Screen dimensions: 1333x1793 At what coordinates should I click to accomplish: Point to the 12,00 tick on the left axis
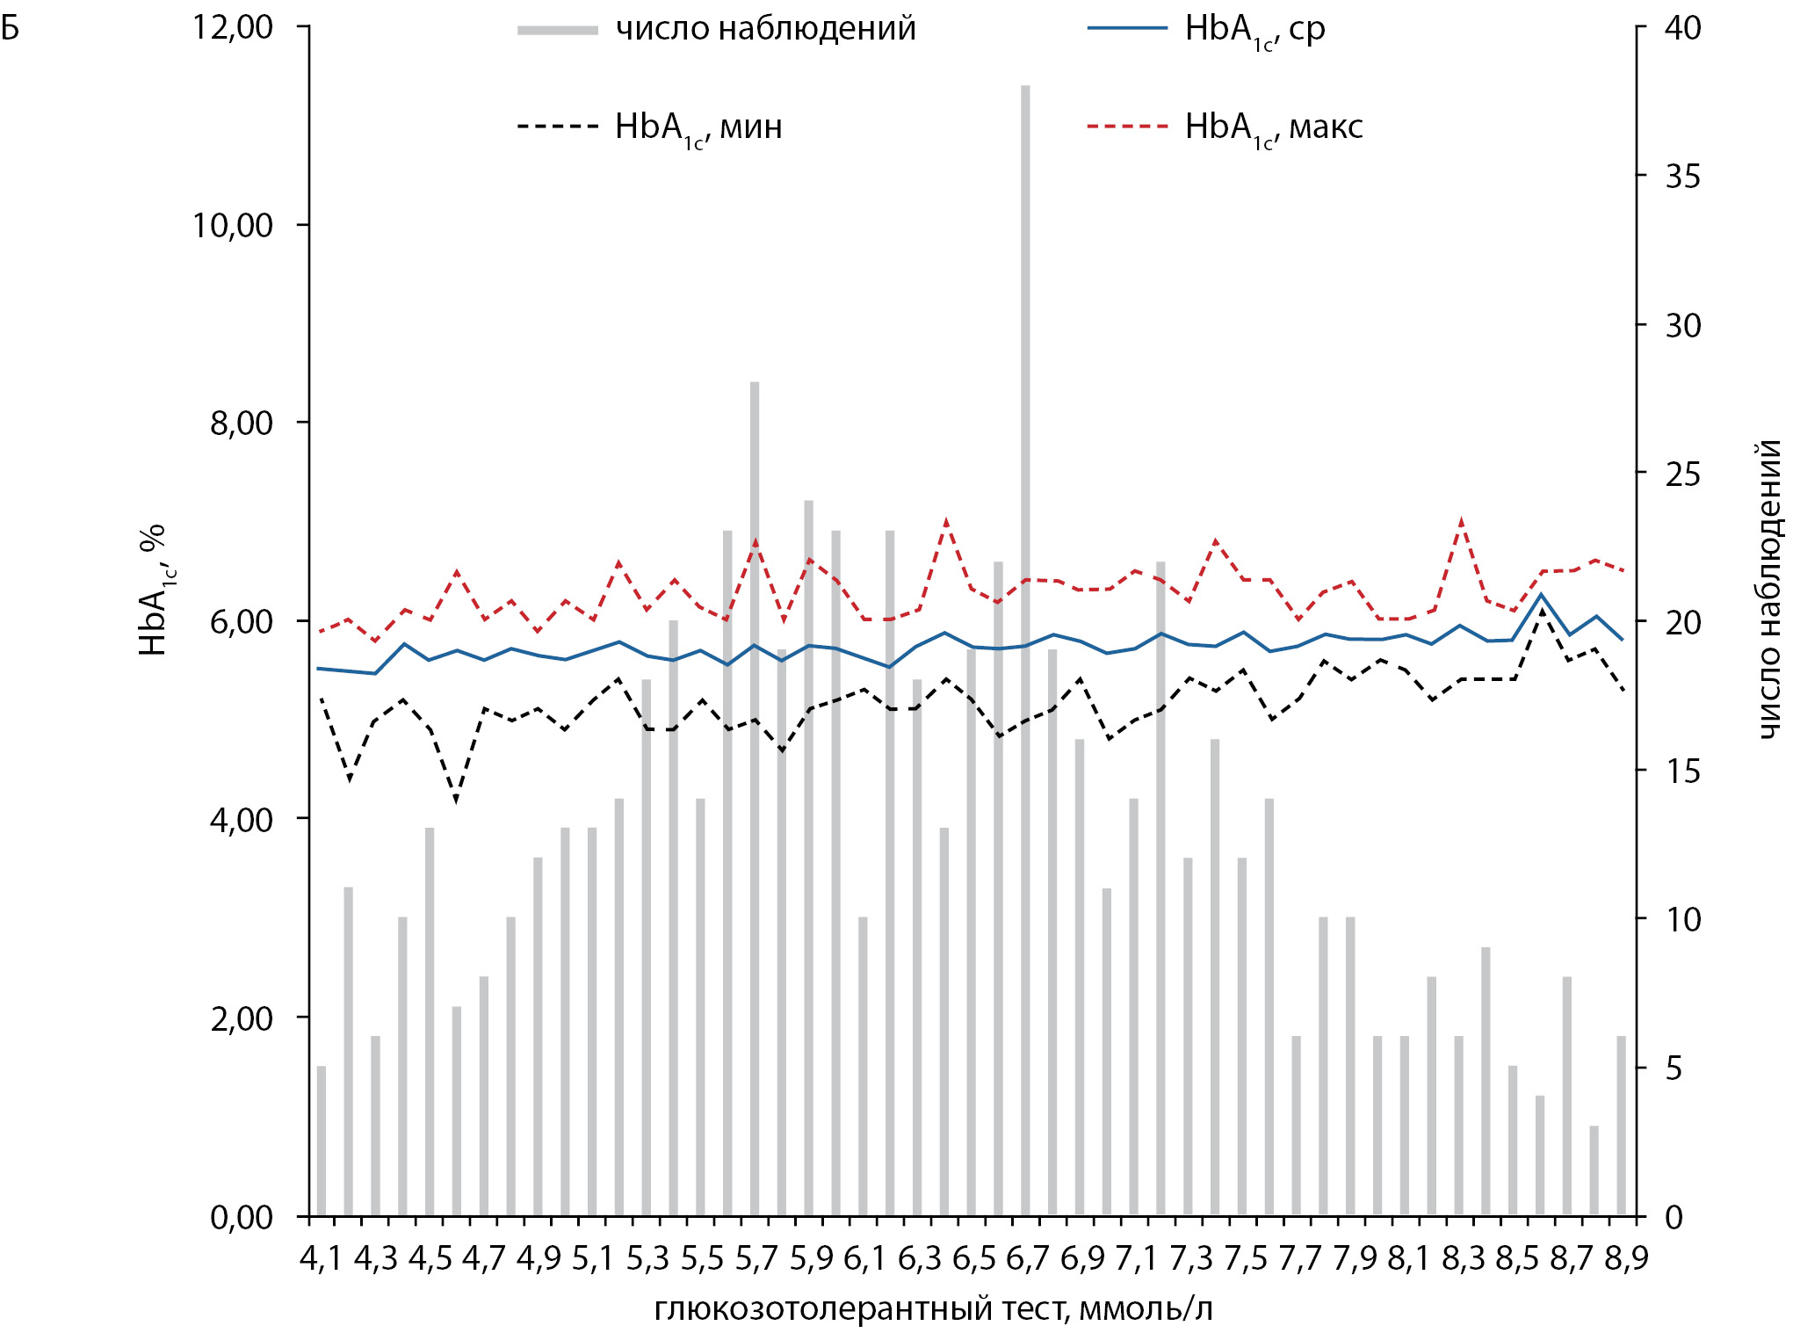point(233,27)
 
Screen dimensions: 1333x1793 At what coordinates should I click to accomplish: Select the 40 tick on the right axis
point(1682,28)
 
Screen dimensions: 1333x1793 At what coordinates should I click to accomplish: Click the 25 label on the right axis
point(1682,475)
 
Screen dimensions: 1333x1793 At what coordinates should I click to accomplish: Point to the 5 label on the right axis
point(1674,1069)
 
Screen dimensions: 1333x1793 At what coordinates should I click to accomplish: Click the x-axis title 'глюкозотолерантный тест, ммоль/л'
point(933,1309)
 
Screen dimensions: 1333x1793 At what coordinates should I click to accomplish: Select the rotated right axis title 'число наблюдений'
point(1769,589)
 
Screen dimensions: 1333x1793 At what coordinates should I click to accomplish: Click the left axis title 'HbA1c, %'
point(153,589)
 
